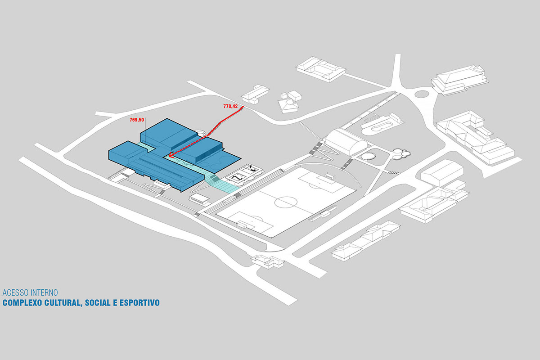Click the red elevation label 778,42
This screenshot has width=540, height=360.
tap(230, 106)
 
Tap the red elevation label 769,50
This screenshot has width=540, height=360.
tap(137, 120)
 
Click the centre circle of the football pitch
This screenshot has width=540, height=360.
tap(286, 202)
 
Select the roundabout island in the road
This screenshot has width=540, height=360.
tap(422, 94)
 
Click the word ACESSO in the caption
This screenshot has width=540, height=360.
tap(16, 292)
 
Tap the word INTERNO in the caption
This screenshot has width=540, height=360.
tap(45, 292)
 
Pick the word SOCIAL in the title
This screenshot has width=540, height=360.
tap(98, 302)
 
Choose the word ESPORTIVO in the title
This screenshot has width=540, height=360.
tap(139, 302)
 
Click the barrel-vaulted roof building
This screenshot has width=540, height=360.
tap(346, 142)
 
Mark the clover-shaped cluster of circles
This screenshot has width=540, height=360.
tap(401, 153)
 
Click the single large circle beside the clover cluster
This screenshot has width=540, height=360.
tap(368, 156)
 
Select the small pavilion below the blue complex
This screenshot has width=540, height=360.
tap(199, 199)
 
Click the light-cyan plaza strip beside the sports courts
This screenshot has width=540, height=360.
tap(222, 183)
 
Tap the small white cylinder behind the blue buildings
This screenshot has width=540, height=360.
tap(201, 132)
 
